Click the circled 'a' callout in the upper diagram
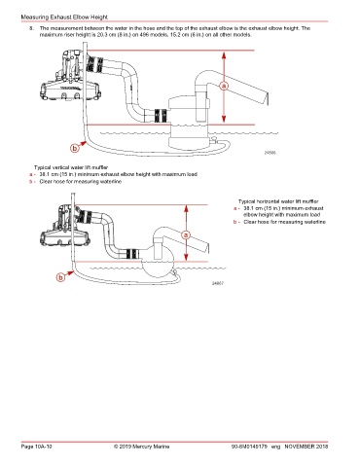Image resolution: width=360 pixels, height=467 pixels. point(224,86)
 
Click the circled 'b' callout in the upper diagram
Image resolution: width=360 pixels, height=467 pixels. point(75,148)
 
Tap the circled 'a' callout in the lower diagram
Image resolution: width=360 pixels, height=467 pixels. point(186,234)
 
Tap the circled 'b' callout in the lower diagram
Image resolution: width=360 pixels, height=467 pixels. point(60,277)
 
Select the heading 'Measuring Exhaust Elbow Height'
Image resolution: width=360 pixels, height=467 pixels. point(64,17)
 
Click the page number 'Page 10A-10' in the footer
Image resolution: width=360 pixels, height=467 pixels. point(36,447)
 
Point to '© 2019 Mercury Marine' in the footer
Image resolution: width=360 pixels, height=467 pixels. point(141,447)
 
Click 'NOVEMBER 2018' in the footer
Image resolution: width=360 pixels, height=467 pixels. point(306,447)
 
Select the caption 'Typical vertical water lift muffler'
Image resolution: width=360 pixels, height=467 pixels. point(71,167)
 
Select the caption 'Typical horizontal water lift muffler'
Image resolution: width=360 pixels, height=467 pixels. point(278,201)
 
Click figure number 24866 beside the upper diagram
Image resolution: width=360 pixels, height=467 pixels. point(270,153)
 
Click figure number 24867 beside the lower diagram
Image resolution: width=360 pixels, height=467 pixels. point(218,283)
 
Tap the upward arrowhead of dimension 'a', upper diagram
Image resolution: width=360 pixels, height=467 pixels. point(224,55)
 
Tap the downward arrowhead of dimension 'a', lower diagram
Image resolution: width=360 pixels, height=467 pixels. point(186,257)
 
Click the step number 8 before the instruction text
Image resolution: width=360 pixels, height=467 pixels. point(31,28)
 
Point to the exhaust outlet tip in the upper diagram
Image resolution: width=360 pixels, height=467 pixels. point(268,98)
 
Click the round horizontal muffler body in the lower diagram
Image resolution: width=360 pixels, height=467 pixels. point(158,263)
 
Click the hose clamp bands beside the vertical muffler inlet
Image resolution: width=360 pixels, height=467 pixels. point(161,116)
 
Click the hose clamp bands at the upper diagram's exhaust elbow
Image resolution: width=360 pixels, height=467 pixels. point(95,64)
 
